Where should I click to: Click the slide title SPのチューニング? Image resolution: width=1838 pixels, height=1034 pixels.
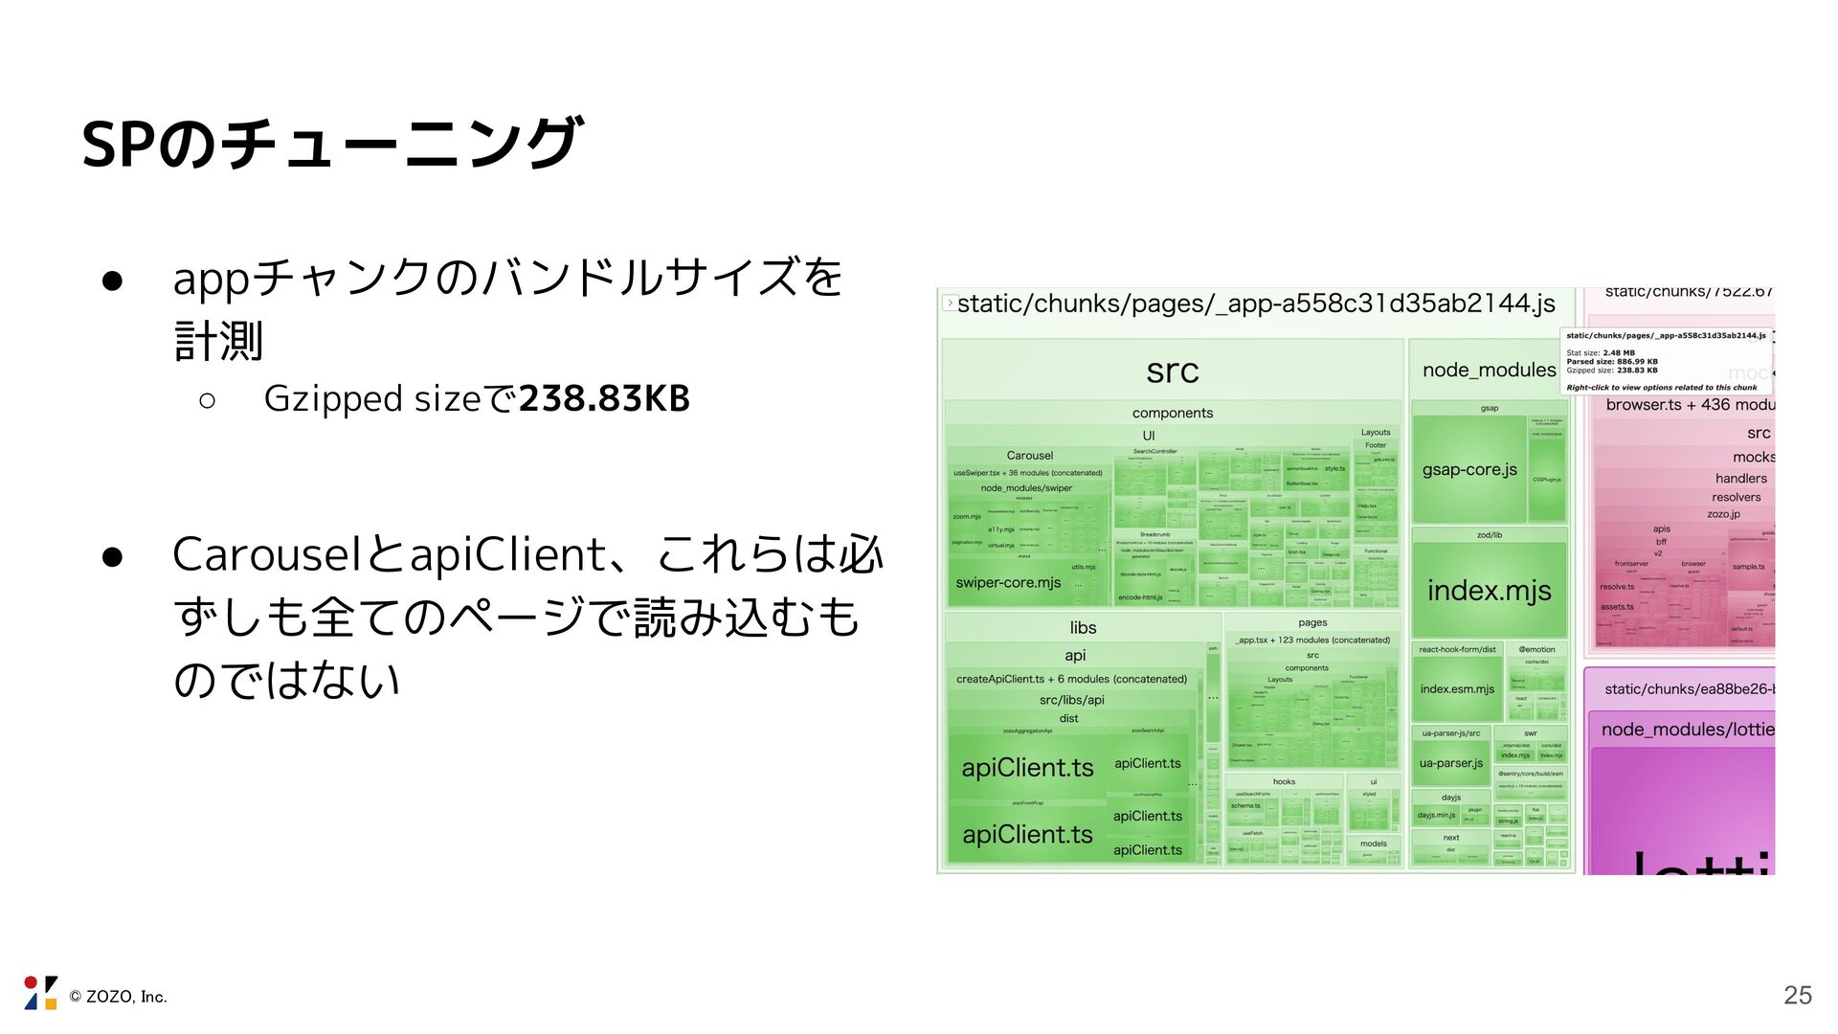click(x=331, y=144)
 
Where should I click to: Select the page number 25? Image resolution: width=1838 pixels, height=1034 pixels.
click(x=1797, y=995)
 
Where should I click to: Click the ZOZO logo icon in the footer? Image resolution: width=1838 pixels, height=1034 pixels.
click(x=40, y=993)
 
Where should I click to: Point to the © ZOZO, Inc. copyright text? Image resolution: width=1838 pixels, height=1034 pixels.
click(x=119, y=997)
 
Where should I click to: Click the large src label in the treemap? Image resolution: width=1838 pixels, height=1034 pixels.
click(x=1172, y=371)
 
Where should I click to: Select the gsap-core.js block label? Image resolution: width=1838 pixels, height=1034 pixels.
click(x=1469, y=469)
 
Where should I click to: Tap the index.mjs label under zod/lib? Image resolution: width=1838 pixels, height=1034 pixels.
click(x=1489, y=590)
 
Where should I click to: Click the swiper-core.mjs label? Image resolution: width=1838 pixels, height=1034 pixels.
click(x=1008, y=582)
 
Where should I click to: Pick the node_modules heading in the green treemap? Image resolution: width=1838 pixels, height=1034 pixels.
click(x=1489, y=370)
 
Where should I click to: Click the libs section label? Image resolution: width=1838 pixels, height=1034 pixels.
click(x=1083, y=627)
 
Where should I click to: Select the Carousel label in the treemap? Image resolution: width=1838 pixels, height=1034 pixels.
click(x=1029, y=456)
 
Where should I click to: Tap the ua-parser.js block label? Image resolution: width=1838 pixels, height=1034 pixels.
click(x=1450, y=763)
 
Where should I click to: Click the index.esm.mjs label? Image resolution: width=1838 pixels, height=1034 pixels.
click(x=1456, y=688)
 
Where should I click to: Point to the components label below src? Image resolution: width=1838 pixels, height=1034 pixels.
click(x=1172, y=413)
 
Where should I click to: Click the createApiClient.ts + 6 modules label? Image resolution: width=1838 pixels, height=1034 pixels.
click(x=1071, y=679)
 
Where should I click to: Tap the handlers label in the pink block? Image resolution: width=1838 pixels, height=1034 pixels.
click(x=1740, y=478)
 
